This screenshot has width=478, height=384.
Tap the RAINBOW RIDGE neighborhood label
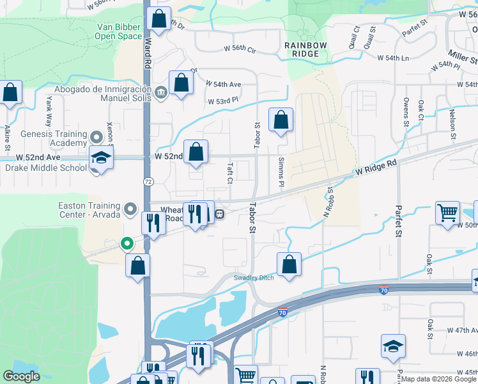tap(306, 49)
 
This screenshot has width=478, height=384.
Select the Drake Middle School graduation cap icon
tap(101, 157)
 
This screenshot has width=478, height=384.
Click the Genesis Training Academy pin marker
tap(96, 137)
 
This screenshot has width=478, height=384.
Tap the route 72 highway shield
tap(147, 182)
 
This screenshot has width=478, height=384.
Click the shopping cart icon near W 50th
tap(448, 212)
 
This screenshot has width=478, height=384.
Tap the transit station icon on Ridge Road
tap(219, 214)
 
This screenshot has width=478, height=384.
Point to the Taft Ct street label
tap(229, 172)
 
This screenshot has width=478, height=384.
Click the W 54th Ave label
tap(223, 84)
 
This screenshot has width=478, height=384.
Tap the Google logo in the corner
tap(21, 376)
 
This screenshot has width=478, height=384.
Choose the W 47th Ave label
tap(459, 332)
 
